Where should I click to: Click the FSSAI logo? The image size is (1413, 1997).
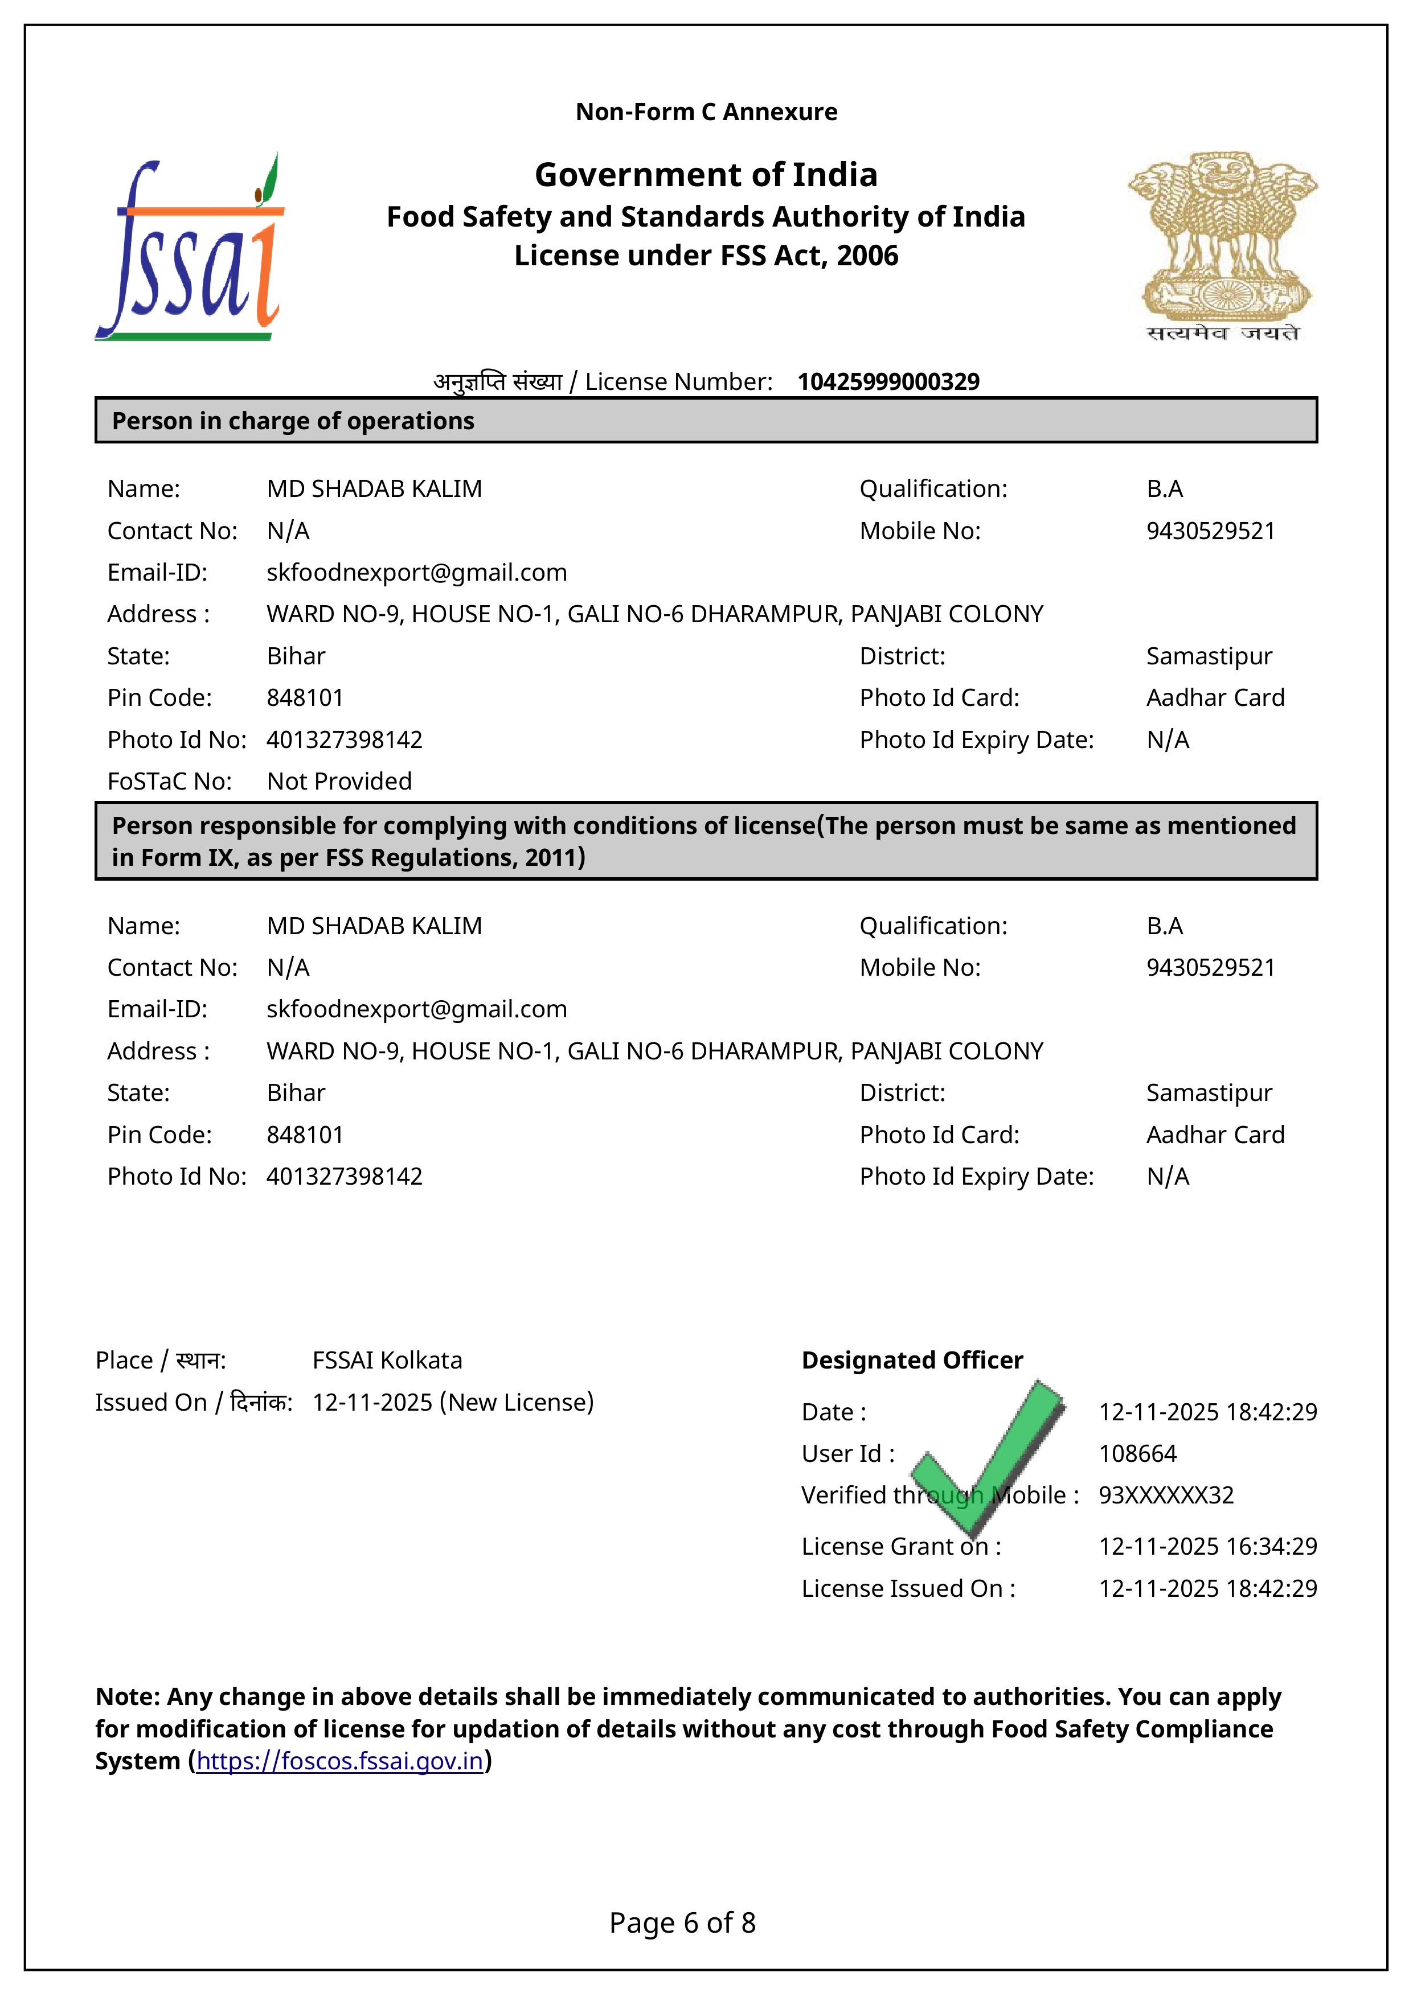[190, 248]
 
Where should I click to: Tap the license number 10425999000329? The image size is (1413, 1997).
[888, 382]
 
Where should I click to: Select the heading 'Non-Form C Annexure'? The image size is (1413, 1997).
[706, 112]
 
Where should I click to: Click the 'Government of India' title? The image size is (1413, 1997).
[706, 175]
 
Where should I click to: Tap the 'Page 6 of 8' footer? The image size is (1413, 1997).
[682, 1922]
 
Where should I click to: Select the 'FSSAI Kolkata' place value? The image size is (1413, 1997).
[387, 1361]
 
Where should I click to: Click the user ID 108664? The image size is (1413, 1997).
[1137, 1453]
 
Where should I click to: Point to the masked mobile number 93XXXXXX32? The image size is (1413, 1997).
[1166, 1495]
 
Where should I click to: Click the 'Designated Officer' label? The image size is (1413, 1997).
[912, 1361]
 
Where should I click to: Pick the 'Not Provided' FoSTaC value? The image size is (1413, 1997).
[339, 781]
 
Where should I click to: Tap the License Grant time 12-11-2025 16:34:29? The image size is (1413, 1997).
[1207, 1547]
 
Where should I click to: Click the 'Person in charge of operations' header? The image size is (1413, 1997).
[293, 421]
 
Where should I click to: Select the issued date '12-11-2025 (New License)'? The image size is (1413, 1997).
[452, 1402]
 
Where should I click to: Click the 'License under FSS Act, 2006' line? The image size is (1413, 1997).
[706, 256]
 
